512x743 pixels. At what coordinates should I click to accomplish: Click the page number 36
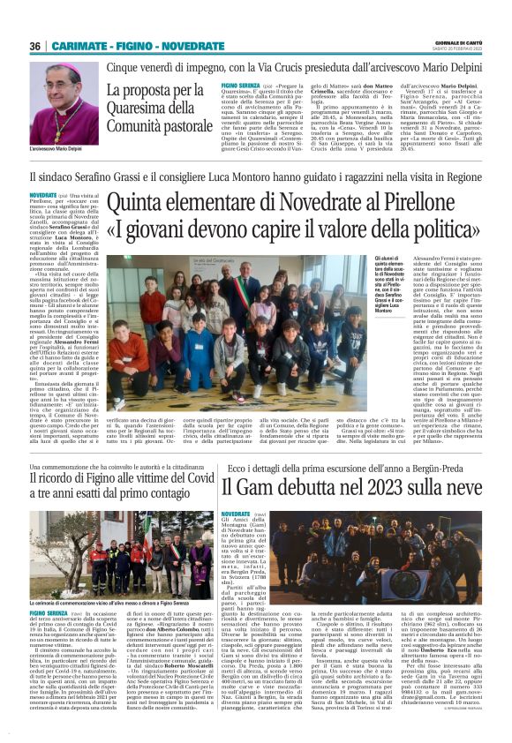pos(35,46)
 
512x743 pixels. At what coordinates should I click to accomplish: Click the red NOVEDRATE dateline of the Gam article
pos(237,514)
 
